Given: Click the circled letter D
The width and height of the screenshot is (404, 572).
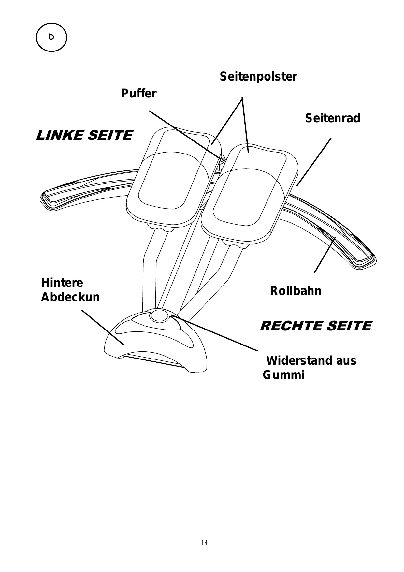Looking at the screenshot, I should tap(51, 37).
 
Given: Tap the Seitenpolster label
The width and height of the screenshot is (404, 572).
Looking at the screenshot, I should tap(258, 77).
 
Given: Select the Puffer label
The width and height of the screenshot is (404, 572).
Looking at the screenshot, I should tap(138, 94).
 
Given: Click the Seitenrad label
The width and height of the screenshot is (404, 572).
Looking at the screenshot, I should tap(333, 118).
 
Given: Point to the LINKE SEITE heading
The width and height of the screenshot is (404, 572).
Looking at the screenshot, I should tap(84, 135).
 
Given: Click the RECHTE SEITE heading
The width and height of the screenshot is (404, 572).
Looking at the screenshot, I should tap(316, 326).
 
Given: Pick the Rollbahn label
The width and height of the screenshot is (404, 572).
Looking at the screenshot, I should tap(296, 291).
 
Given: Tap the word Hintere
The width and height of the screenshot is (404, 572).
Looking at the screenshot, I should tap(62, 283).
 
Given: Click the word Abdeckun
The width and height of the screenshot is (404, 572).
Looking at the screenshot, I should tap(70, 297).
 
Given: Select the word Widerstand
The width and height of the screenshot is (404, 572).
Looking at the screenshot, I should tap(299, 361).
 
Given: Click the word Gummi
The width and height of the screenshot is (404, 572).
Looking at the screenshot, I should tap(283, 375).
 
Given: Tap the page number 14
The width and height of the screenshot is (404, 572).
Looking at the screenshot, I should tap(204, 543).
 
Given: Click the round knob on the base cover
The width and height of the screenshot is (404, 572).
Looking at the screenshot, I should tap(159, 315).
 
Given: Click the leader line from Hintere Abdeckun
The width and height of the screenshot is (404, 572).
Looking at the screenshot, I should tap(102, 327).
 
